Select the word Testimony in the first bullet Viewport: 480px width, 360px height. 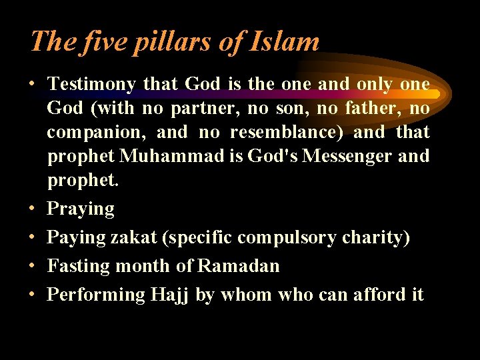pyautogui.click(x=92, y=84)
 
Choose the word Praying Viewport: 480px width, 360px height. pyautogui.click(x=81, y=209)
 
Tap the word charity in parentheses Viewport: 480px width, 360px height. pyautogui.click(x=375, y=237)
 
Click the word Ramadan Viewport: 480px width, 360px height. pyautogui.click(x=239, y=266)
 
